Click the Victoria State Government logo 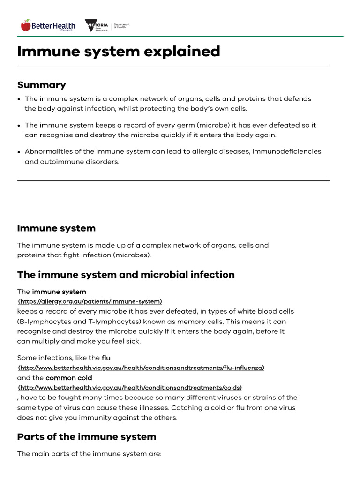point(96,26)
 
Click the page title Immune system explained point(119,52)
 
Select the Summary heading point(42,85)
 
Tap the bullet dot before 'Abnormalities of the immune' point(19,152)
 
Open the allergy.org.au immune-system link point(90,301)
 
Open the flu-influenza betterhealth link point(141,368)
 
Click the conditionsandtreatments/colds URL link point(130,388)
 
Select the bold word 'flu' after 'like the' point(106,358)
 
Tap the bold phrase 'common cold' point(69,378)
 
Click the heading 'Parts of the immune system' point(87,437)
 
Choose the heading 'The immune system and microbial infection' point(126,275)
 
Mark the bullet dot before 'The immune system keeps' point(19,126)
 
